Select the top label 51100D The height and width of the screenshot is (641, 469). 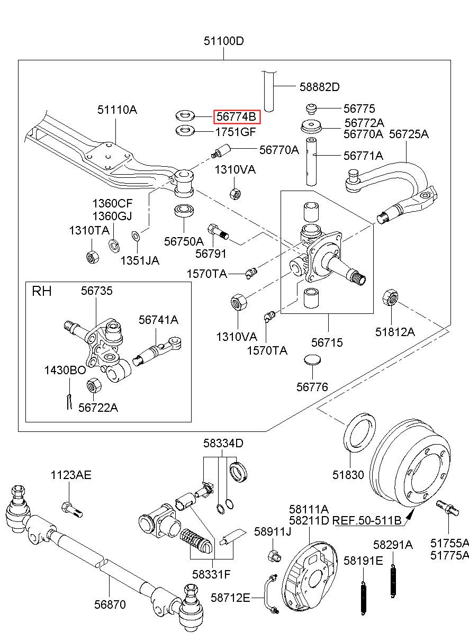[223, 41]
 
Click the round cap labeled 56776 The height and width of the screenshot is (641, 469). [312, 359]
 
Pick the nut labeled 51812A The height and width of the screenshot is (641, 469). [390, 297]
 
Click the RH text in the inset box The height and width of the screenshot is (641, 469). [42, 291]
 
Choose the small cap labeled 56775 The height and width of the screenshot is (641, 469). [311, 109]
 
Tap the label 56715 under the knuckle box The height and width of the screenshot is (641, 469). [327, 342]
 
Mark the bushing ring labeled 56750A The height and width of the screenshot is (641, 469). [184, 211]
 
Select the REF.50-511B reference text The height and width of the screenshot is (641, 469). [366, 520]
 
